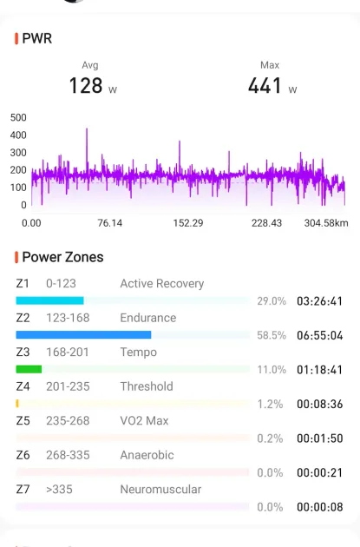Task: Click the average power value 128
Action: tap(86, 85)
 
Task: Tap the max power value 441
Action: tap(265, 85)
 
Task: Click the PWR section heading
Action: tap(37, 38)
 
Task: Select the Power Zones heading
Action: tap(62, 257)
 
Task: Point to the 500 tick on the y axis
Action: tap(18, 117)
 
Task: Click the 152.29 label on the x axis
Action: tap(188, 223)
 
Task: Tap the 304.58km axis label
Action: tap(326, 223)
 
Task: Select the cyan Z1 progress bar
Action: tap(49, 300)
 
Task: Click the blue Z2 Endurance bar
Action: tap(83, 335)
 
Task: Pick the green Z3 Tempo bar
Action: tap(29, 369)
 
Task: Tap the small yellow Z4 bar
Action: tap(17, 404)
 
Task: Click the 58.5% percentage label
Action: tap(272, 335)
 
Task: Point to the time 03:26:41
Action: tap(319, 301)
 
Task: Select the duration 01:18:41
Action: tap(319, 369)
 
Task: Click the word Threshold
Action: tap(147, 386)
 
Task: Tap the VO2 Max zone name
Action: tap(144, 421)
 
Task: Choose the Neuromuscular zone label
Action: tap(160, 490)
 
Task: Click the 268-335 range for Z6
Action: tap(68, 455)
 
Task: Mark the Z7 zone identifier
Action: tap(23, 490)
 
